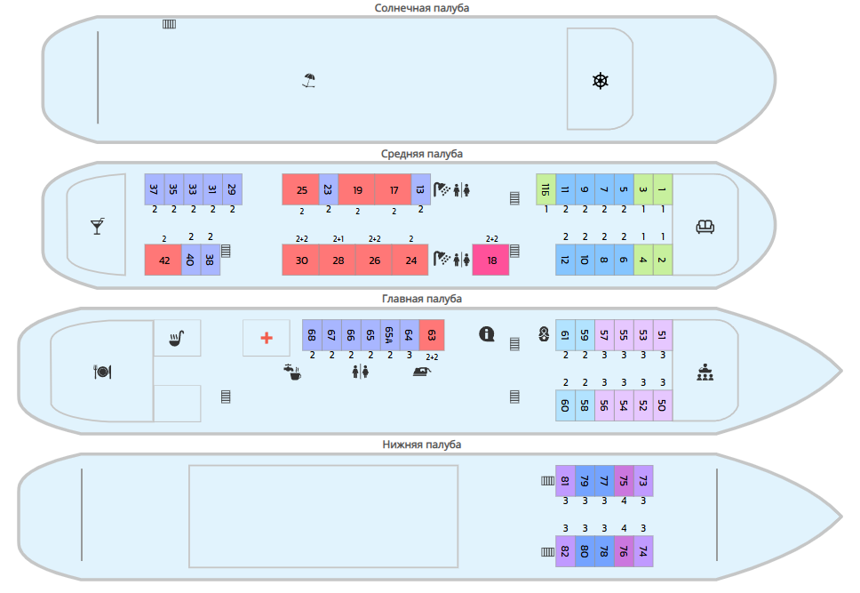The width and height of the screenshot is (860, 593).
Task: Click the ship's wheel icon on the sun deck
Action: pos(601,81)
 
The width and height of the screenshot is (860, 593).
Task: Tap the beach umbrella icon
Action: pos(309,81)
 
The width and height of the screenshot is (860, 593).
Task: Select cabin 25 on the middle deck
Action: pos(300,189)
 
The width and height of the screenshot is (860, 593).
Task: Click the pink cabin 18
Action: pos(491,260)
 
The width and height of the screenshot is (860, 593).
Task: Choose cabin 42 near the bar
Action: pos(163,260)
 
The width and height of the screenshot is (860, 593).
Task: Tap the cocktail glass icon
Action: pos(98,226)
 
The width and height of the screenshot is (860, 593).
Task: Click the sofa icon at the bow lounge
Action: pos(705,226)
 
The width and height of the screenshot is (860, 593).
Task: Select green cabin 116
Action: pos(545,189)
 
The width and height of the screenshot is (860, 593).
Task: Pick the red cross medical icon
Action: pos(267,338)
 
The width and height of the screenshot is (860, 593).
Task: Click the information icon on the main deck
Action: pos(487,333)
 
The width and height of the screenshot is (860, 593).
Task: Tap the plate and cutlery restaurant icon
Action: pos(102,372)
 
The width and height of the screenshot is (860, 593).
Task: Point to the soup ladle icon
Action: pos(177,338)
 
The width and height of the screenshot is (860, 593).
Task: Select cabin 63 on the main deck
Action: pos(432,335)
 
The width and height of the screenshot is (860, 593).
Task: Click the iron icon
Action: pos(422,372)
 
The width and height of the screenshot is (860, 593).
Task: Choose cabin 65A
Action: pos(390,335)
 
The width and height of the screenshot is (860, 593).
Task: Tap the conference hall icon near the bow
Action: pos(705,373)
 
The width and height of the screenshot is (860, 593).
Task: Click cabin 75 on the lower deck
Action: pos(624,480)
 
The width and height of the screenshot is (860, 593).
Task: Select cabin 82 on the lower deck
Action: pos(565,551)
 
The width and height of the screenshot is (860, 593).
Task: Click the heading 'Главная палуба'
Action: pos(422,299)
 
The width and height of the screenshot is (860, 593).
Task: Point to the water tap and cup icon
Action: pos(292,373)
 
